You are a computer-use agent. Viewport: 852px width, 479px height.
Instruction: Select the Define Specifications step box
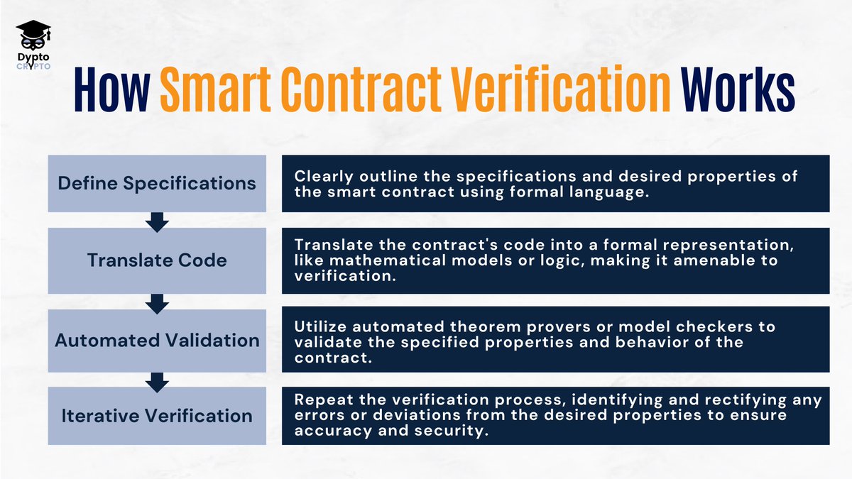(x=157, y=183)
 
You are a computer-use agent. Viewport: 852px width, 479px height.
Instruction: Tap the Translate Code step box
(x=157, y=260)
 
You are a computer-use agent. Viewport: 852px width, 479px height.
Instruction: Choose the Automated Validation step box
(x=157, y=340)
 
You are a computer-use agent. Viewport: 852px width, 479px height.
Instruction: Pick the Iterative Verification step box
(x=157, y=416)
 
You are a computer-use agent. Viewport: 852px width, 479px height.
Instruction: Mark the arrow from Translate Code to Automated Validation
(x=157, y=303)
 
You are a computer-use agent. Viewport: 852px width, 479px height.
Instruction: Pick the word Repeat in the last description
(x=321, y=400)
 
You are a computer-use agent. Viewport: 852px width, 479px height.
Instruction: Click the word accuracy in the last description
(x=327, y=431)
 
